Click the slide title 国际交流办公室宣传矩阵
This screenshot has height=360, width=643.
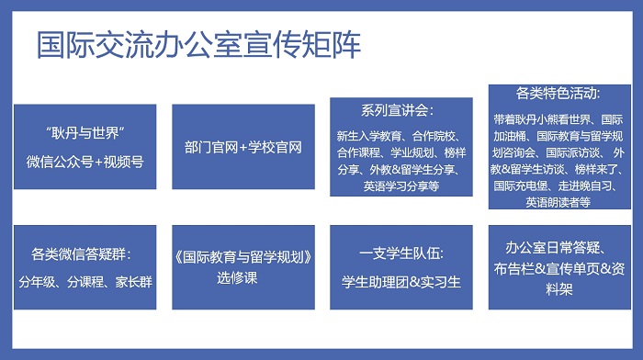coord(199,44)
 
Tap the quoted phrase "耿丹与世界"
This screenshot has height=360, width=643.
coord(85,133)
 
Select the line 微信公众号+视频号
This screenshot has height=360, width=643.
coord(85,162)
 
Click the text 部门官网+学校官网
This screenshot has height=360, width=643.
coord(243,147)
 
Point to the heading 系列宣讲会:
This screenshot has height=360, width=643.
coord(397,111)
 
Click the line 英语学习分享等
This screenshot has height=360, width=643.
coord(401,186)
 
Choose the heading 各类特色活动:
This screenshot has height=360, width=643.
coord(558,93)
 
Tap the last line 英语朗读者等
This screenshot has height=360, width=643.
coord(558,202)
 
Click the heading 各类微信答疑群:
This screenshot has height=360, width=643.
coord(81,254)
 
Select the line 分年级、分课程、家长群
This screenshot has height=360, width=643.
coord(85,282)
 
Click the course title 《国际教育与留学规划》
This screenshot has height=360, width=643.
coord(243,257)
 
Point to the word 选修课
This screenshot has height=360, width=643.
coord(237,278)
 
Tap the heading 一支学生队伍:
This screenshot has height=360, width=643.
coord(401,253)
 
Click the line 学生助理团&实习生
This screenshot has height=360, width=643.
coord(401,282)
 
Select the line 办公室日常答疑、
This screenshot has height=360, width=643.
coord(556,248)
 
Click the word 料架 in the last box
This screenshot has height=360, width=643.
coord(558,289)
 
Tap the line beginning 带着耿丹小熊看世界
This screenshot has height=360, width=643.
coord(558,119)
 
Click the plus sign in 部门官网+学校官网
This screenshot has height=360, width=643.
coord(243,148)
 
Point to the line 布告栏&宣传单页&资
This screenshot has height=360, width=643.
coord(558,269)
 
